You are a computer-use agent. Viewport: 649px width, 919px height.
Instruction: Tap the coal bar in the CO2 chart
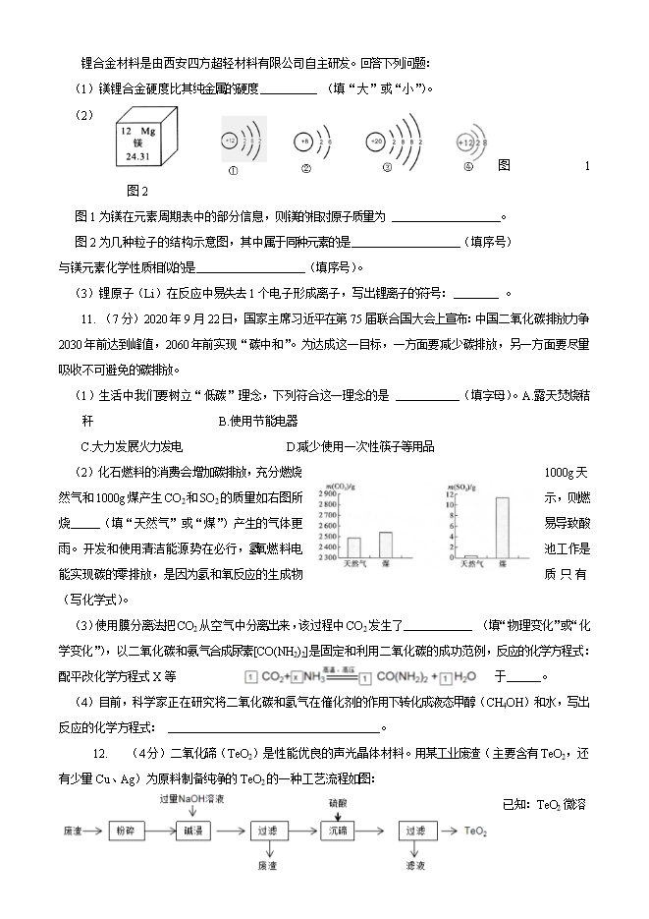[385, 546]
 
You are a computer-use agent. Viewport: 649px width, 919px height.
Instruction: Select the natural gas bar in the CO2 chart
[354, 548]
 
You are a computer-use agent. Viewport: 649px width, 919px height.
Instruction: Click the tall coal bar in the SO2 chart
[502, 527]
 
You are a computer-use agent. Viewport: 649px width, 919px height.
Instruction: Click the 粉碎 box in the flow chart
[123, 831]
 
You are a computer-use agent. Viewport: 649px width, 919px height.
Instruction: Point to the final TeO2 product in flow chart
[476, 831]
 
